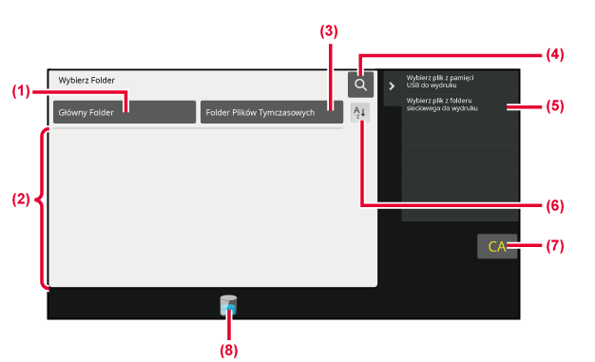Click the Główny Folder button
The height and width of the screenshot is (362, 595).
click(x=125, y=112)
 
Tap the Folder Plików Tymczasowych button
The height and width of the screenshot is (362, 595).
click(x=272, y=112)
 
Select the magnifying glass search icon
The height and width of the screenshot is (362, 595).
click(x=360, y=85)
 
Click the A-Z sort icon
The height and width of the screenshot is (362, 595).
click(x=359, y=113)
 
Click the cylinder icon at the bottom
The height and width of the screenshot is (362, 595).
click(x=228, y=305)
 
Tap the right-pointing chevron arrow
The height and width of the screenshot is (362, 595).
click(x=392, y=86)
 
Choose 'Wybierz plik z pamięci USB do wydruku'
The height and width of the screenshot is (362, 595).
click(x=440, y=82)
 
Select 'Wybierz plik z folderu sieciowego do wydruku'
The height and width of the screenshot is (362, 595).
click(x=442, y=105)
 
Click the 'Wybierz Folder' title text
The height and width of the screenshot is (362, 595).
click(x=86, y=81)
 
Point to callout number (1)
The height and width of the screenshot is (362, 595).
click(x=21, y=91)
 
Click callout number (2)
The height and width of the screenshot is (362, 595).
click(x=21, y=200)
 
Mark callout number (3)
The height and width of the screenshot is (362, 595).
click(x=329, y=31)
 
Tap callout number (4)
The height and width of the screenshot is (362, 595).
click(x=555, y=55)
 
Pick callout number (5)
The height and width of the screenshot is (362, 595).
click(x=555, y=105)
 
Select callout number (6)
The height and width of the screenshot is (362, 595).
click(x=555, y=205)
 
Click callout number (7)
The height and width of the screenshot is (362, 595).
click(x=555, y=246)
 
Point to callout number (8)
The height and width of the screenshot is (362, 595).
click(x=229, y=351)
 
